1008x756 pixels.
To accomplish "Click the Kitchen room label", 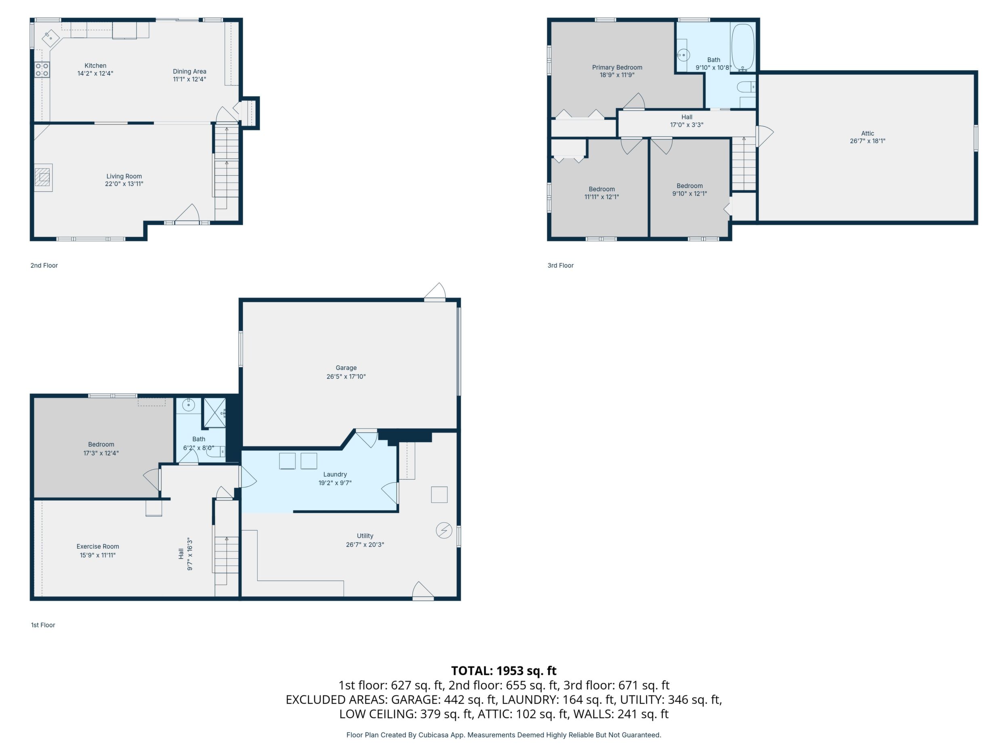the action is pyautogui.click(x=95, y=65).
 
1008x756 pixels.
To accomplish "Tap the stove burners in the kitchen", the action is pyautogui.click(x=42, y=70).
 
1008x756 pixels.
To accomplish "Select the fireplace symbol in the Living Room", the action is pyautogui.click(x=44, y=177).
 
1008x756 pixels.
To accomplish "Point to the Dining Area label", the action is pyautogui.click(x=189, y=71).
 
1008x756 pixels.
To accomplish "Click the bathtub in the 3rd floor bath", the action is pyautogui.click(x=742, y=47).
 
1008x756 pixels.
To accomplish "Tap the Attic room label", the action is pyautogui.click(x=867, y=134).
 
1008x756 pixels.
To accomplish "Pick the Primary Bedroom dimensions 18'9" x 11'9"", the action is pyautogui.click(x=617, y=75).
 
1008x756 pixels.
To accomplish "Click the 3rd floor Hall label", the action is pyautogui.click(x=687, y=117).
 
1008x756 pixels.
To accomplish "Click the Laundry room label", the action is pyautogui.click(x=335, y=475).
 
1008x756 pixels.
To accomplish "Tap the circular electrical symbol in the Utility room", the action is pyautogui.click(x=444, y=530).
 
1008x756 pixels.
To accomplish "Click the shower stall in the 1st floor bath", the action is pyautogui.click(x=214, y=413).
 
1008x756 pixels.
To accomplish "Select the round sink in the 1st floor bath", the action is pyautogui.click(x=189, y=405).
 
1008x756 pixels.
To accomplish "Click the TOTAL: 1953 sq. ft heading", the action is pyautogui.click(x=504, y=671).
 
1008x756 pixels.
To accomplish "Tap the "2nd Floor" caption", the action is pyautogui.click(x=44, y=265).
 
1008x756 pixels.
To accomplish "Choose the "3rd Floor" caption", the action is pyautogui.click(x=561, y=265).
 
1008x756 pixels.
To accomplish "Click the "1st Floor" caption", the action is pyautogui.click(x=43, y=625).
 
